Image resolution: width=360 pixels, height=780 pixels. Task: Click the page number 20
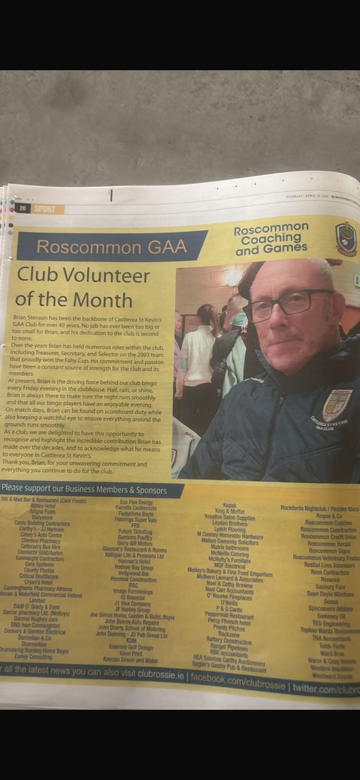(21, 208)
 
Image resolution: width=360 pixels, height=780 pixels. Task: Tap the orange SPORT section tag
(45, 209)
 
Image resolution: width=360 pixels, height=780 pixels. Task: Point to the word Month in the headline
(103, 300)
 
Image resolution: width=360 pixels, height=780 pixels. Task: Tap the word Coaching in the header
(271, 239)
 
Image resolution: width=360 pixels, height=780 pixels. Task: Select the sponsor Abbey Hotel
(42, 505)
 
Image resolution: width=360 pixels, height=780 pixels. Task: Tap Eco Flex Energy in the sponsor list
(136, 502)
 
